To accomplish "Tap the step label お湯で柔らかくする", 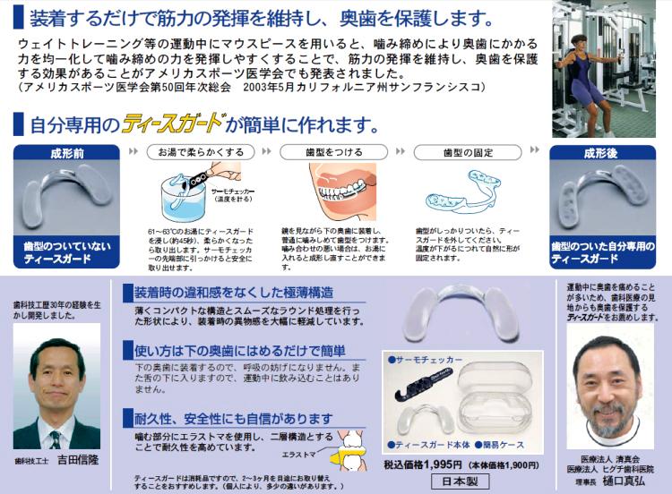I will [200, 152].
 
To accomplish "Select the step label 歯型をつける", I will [332, 152].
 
